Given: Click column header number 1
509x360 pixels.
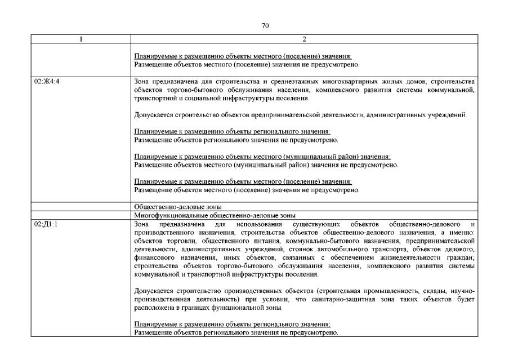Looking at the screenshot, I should (x=81, y=39).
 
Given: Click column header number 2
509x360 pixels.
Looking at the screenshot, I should (x=305, y=39).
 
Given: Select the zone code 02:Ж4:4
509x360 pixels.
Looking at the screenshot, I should (x=46, y=82).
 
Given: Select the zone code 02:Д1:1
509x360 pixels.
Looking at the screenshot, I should (x=46, y=224).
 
